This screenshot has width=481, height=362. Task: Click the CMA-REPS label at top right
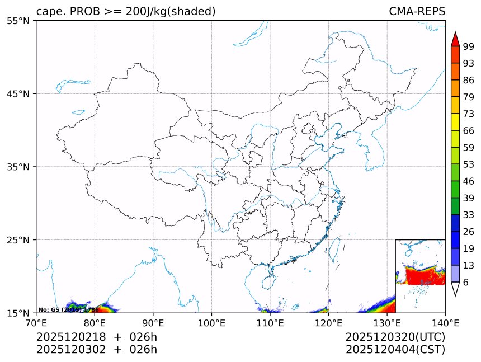click(417, 11)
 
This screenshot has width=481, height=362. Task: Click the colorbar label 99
click(469, 46)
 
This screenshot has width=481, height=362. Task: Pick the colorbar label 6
click(466, 282)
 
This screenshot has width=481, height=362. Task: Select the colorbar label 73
click(469, 114)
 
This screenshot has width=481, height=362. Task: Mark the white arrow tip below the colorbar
click(455, 290)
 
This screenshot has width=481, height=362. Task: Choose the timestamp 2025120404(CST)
click(395, 350)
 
